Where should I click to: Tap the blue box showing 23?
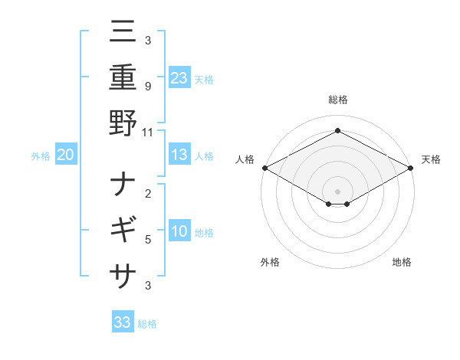pos(179,77)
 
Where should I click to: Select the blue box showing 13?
pos(179,155)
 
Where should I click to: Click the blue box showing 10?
pos(179,231)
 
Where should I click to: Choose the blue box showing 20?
pos(66,155)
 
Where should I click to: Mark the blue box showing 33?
pos(123,322)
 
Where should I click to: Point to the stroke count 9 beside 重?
pos(148,87)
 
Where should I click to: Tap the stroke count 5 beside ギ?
pos(148,239)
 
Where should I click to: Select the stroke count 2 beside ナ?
pos(148,195)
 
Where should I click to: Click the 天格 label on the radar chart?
pos(432,159)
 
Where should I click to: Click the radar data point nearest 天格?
pos(412,167)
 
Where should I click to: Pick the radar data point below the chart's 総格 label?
pos(337,131)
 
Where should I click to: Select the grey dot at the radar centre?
pos(337,191)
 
